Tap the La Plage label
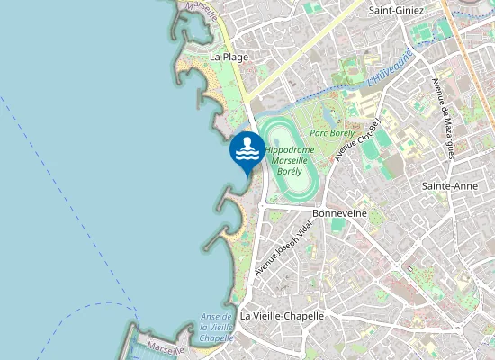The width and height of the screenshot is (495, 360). pyautogui.click(x=229, y=57)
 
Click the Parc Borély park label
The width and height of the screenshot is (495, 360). pyautogui.click(x=330, y=131)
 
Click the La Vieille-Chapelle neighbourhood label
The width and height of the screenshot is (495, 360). pyautogui.click(x=282, y=316)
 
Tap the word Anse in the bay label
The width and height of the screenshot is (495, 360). pyautogui.click(x=212, y=316)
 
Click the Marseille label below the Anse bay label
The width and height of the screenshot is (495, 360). pyautogui.click(x=166, y=348)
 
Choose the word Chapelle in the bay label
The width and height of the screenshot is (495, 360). pyautogui.click(x=217, y=337)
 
